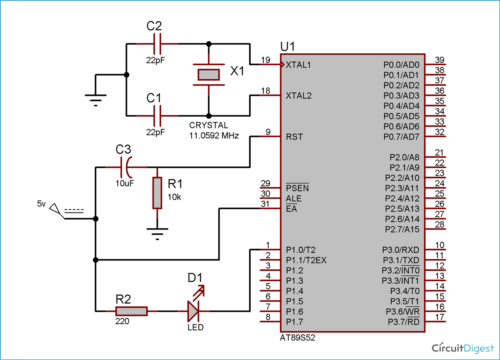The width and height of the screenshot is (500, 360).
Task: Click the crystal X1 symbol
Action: click(208, 75)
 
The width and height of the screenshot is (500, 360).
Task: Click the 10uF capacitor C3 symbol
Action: click(126, 167)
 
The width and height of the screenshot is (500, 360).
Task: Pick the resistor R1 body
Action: click(157, 193)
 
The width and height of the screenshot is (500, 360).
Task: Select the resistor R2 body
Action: click(131, 311)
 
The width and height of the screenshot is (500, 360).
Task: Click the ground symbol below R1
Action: click(157, 234)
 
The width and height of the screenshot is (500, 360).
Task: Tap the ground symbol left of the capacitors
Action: click(95, 100)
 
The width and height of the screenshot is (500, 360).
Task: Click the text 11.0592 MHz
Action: click(214, 135)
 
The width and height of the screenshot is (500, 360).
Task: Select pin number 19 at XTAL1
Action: click(265, 60)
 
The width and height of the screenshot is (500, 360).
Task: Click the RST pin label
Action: click(294, 137)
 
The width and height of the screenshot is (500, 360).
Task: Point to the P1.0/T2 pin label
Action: click(301, 250)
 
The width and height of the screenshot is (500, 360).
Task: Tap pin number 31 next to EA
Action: click(265, 204)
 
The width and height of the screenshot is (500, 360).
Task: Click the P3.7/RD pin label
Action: click(403, 322)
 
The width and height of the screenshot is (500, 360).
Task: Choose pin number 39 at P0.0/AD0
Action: click(439, 60)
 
